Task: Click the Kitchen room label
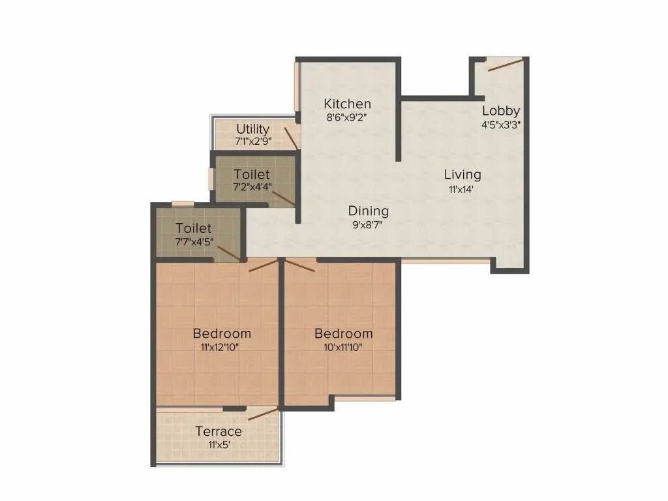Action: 348,104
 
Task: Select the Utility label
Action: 252,129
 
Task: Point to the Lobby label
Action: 501,110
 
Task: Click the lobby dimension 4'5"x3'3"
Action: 501,124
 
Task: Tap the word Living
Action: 463,174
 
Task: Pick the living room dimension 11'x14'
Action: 463,189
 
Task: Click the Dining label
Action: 368,211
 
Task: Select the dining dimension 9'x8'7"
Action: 368,225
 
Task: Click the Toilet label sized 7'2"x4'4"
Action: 252,174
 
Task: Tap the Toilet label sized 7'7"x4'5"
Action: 194,228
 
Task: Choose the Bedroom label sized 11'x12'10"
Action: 222,333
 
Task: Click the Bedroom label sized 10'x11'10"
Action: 343,334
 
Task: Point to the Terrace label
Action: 219,431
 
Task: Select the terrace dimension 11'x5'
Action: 219,446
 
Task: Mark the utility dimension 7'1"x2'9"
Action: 252,141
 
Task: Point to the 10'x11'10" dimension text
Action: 343,347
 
